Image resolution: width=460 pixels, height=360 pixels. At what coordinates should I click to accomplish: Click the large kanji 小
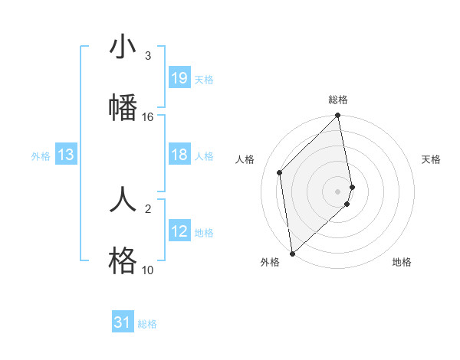tap(123, 48)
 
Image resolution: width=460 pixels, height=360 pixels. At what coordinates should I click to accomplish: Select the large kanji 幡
tap(123, 106)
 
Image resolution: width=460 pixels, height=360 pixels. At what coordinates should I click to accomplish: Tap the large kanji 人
tap(123, 198)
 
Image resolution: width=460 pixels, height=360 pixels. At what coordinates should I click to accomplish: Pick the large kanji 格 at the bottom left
tap(123, 260)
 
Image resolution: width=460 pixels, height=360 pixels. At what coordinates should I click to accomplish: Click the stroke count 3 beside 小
tap(147, 56)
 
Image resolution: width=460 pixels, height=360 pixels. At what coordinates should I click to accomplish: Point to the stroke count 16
tap(147, 116)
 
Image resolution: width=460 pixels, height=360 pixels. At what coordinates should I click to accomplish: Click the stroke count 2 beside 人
tap(147, 208)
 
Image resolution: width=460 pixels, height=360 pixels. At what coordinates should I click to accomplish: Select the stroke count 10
tap(147, 270)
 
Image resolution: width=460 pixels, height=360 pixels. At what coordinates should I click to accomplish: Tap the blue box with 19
tap(179, 78)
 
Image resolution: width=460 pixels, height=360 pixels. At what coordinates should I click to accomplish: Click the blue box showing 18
tap(179, 155)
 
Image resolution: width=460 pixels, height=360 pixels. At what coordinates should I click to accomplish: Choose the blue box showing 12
tap(179, 231)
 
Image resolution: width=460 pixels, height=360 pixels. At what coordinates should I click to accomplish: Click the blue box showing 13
tap(66, 155)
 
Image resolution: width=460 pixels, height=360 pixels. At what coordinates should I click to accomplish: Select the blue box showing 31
tap(123, 322)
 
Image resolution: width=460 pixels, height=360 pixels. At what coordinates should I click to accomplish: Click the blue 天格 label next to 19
tap(204, 79)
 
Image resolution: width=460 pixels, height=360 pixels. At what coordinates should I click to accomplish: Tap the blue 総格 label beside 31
tap(147, 323)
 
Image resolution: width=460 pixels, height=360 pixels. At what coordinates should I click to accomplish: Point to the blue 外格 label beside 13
tap(41, 156)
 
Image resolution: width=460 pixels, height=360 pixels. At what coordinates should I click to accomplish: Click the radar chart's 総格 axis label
tap(338, 100)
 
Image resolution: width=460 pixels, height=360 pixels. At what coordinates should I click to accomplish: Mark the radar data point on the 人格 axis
tap(280, 172)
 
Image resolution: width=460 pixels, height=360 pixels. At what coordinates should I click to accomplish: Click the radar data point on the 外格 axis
tap(292, 253)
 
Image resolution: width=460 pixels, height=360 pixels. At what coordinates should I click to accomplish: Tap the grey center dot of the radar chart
tap(338, 190)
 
